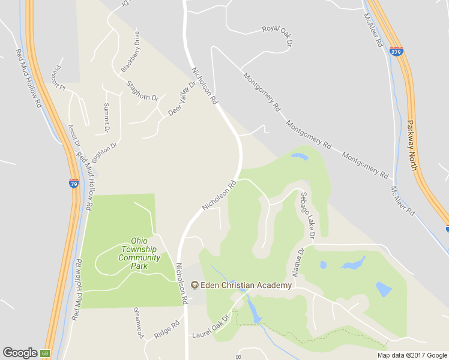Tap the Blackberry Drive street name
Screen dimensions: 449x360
coord(130,52)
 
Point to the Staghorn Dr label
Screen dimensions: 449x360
coord(143,90)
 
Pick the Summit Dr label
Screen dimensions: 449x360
coord(106,118)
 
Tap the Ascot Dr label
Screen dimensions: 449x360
coord(74,136)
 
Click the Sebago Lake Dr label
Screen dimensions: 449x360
coord(307,215)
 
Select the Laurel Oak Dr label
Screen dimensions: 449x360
coord(211,326)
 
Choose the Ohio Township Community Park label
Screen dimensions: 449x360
coord(139,253)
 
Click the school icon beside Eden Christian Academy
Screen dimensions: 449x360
coord(194,285)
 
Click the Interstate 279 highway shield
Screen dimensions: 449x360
coord(396,52)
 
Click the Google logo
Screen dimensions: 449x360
coord(20,353)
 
